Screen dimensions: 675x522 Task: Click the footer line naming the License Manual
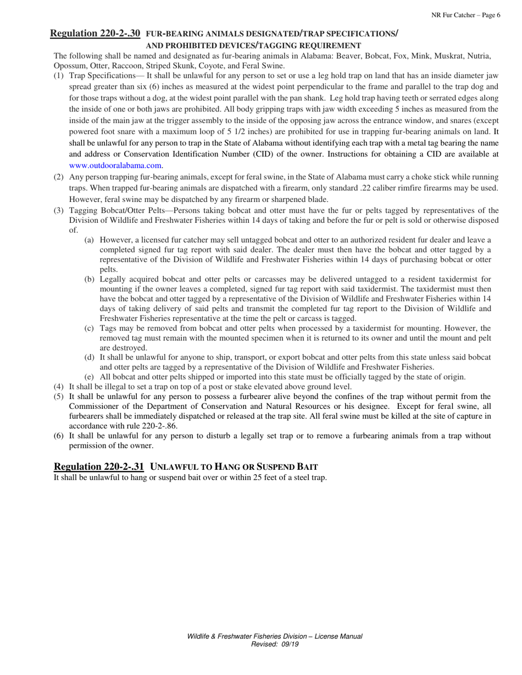[x=274, y=636]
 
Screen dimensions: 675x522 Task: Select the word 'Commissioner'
[x=91, y=407]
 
